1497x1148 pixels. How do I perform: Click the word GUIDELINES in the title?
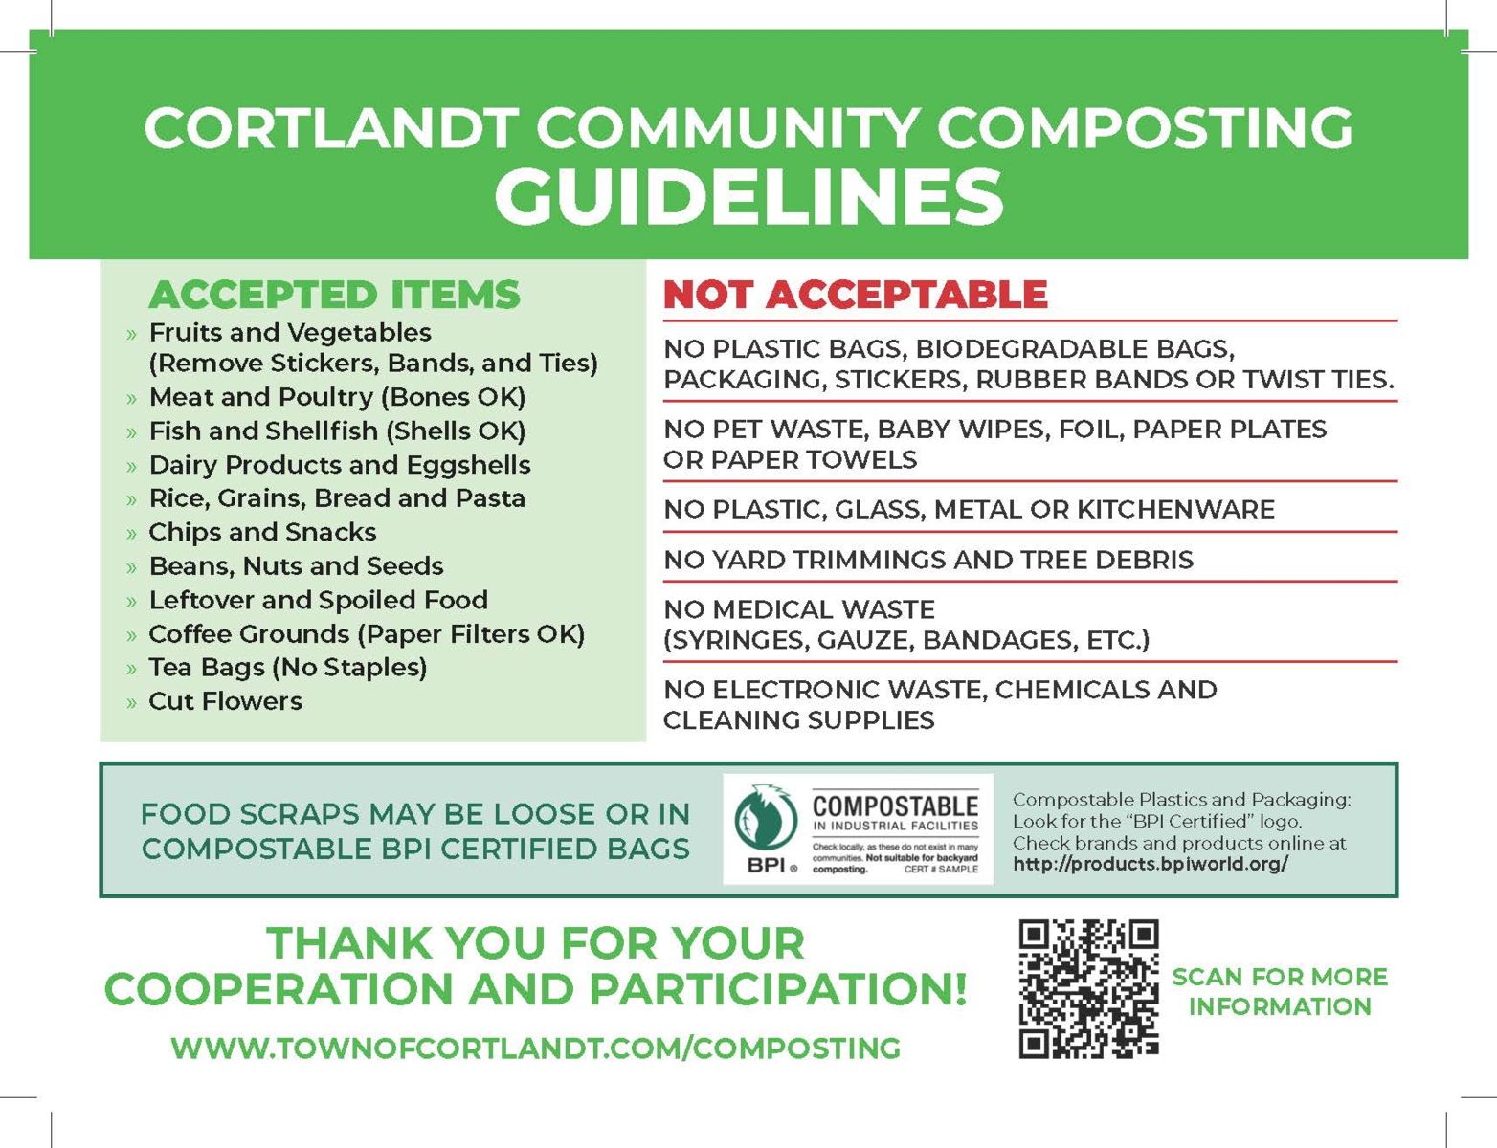pyautogui.click(x=748, y=196)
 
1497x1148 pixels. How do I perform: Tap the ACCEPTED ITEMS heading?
pyautogui.click(x=334, y=295)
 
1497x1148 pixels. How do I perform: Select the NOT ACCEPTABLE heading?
pyautogui.click(x=856, y=295)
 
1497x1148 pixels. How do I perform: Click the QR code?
pyautogui.click(x=1088, y=988)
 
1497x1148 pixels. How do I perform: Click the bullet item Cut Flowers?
pyautogui.click(x=225, y=701)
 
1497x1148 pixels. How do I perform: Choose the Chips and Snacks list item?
pyautogui.click(x=262, y=532)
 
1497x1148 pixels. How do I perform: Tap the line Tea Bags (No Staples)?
pyautogui.click(x=287, y=667)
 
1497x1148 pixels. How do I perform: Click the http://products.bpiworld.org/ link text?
pyautogui.click(x=1150, y=864)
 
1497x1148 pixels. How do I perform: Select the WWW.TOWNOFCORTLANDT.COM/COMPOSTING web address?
pyautogui.click(x=535, y=1048)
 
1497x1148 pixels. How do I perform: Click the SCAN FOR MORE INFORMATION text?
pyautogui.click(x=1280, y=991)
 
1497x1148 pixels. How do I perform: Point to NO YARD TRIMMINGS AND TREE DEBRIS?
pyautogui.click(x=928, y=560)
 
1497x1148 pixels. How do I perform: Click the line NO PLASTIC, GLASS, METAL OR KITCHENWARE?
pyautogui.click(x=969, y=509)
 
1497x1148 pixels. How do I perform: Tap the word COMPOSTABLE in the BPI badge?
pyautogui.click(x=895, y=806)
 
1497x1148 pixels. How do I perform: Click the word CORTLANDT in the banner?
pyautogui.click(x=331, y=127)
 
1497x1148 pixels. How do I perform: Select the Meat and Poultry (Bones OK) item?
pyautogui.click(x=337, y=397)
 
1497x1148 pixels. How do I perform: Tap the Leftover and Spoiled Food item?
pyautogui.click(x=318, y=600)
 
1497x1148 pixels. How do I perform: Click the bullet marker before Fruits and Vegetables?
pyautogui.click(x=131, y=335)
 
